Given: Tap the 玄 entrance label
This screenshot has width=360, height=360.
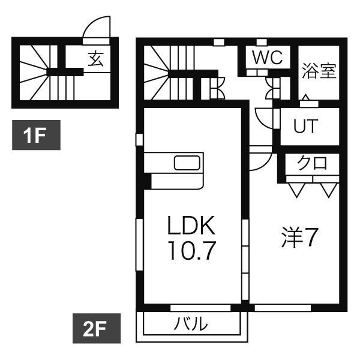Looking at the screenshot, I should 96,59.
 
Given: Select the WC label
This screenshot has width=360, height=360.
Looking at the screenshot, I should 266,58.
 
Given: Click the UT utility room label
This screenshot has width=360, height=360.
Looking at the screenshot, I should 306,127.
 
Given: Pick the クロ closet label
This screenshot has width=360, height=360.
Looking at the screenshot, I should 312,164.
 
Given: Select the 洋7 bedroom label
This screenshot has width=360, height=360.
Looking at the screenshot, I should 299,238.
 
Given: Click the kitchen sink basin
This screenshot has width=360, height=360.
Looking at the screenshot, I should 188,163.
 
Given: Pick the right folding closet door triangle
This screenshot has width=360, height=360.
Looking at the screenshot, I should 327,189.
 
